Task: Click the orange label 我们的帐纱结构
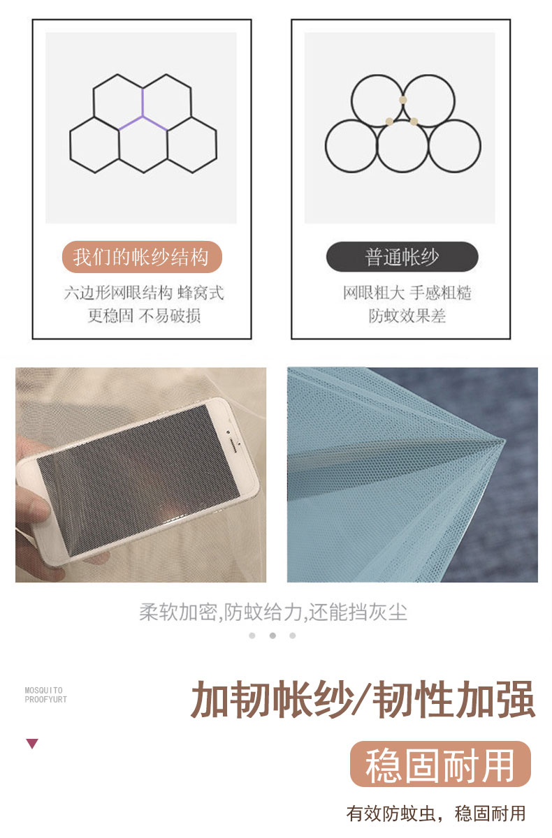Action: pyautogui.click(x=142, y=257)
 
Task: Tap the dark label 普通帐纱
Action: pyautogui.click(x=402, y=257)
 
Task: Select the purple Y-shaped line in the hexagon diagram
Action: pyautogui.click(x=143, y=112)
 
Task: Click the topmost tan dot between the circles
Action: pyautogui.click(x=402, y=100)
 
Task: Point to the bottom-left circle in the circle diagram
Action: pyautogui.click(x=326, y=146)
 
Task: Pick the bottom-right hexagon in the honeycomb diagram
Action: pyautogui.click(x=192, y=145)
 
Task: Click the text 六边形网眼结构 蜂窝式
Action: pyautogui.click(x=144, y=293)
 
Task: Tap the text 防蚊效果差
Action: pyautogui.click(x=407, y=316)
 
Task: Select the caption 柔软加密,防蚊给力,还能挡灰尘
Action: pyautogui.click(x=273, y=612)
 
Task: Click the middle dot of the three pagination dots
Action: pyautogui.click(x=273, y=635)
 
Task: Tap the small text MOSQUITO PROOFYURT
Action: pyautogui.click(x=45, y=695)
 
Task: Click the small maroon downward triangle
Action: pyautogui.click(x=32, y=744)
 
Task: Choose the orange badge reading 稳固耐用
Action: pyautogui.click(x=440, y=764)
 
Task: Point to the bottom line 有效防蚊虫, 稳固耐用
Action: pyautogui.click(x=436, y=814)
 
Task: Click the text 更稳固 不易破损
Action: pyautogui.click(x=144, y=316)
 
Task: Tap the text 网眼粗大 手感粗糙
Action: pyautogui.click(x=407, y=293)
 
